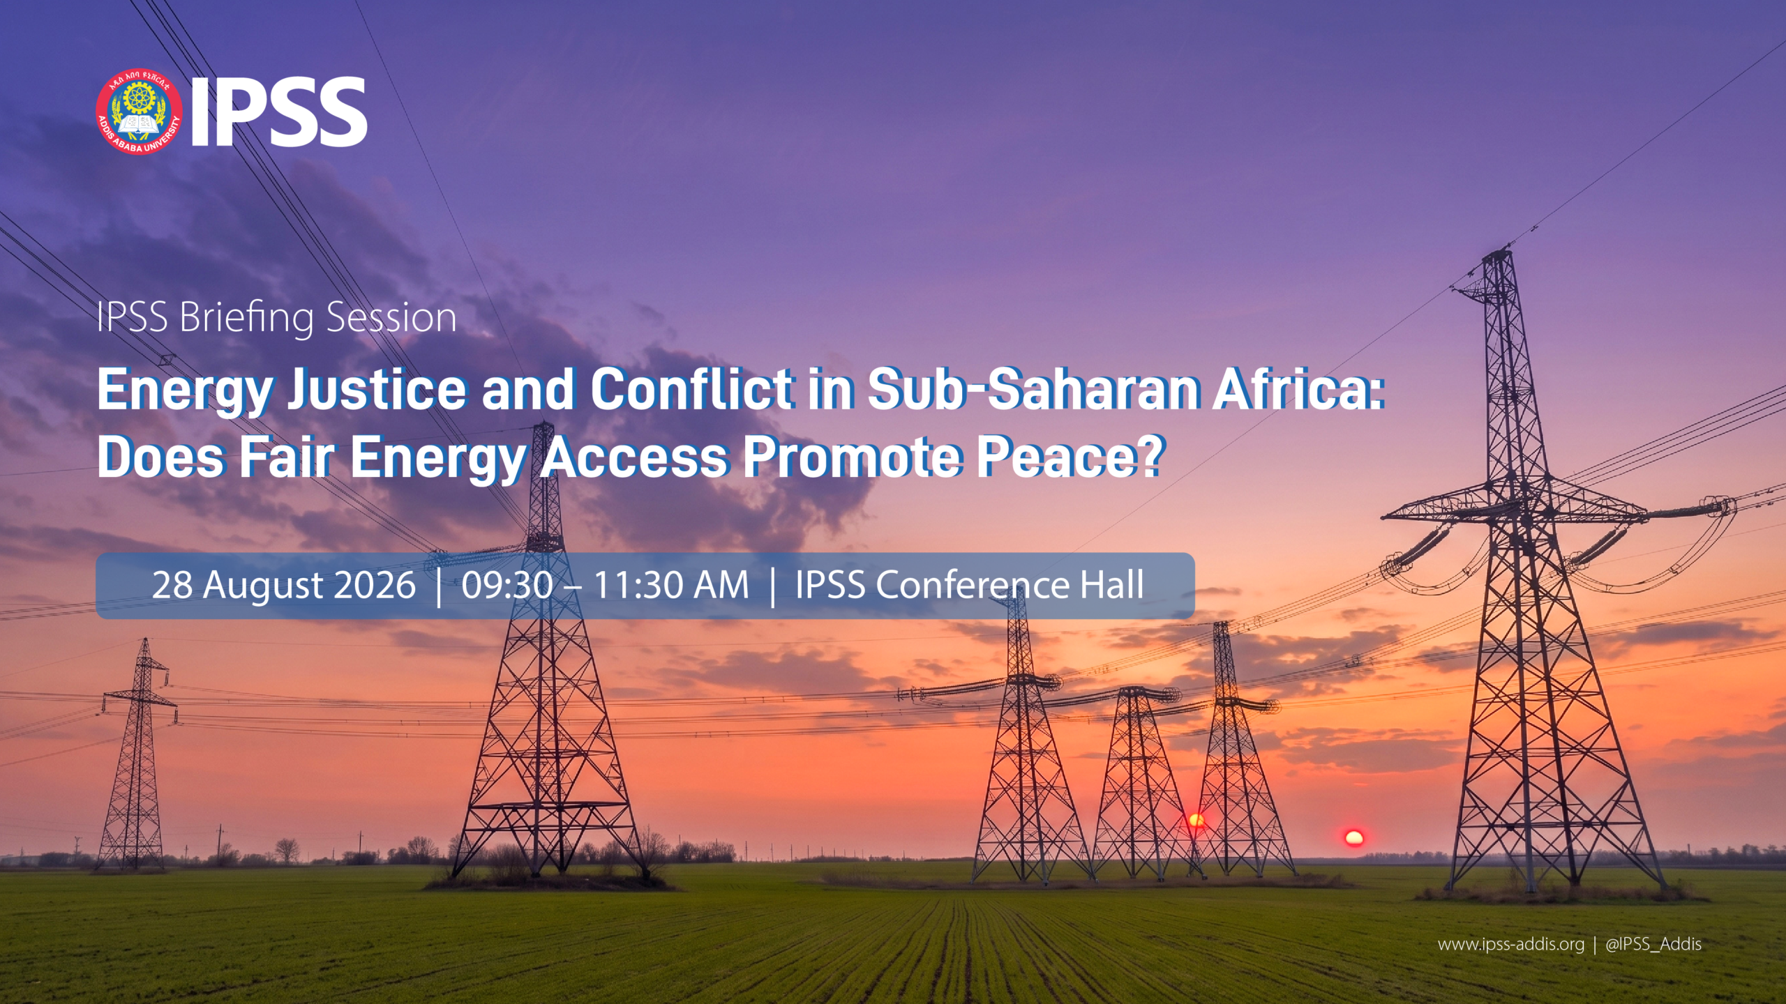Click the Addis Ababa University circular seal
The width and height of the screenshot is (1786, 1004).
pos(139,112)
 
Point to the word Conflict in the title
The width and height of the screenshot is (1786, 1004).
pos(691,390)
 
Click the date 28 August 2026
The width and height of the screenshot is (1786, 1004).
pos(284,585)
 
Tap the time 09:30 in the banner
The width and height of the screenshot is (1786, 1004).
pos(507,585)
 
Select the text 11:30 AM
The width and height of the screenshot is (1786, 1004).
pos(671,585)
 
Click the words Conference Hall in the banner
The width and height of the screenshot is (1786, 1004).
pos(1010,585)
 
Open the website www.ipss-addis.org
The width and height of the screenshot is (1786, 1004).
pos(1511,945)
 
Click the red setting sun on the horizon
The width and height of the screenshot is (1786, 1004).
pos(1353,837)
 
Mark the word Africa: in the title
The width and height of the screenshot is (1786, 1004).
pos(1298,390)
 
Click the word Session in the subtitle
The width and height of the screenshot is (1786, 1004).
pos(391,318)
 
